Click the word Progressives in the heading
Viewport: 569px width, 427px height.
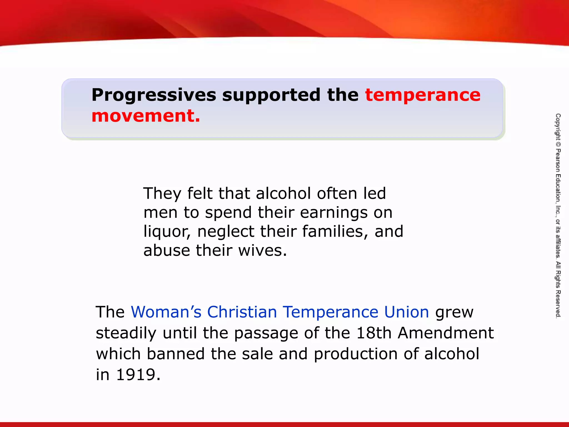[154, 95]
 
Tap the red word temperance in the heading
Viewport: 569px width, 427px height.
[423, 95]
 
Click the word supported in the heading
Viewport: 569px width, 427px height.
[271, 95]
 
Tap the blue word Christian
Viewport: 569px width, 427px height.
[242, 312]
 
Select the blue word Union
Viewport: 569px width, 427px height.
[406, 312]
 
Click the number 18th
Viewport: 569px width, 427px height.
[374, 333]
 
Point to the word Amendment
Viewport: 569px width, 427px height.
[446, 333]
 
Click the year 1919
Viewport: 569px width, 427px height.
[136, 375]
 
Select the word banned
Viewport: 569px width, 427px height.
[176, 354]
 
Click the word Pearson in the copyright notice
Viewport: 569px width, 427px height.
[558, 160]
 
